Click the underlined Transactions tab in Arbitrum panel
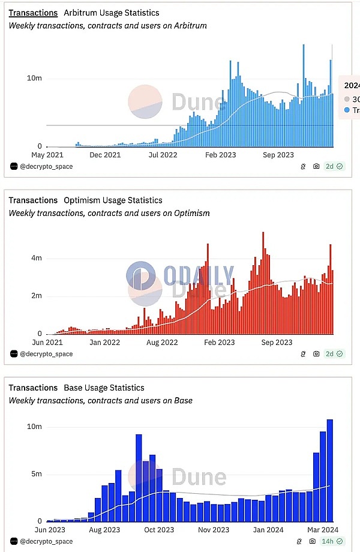tap(33, 13)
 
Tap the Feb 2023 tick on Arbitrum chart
tap(219, 155)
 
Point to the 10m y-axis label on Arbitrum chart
tap(34, 79)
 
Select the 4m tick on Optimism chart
tap(36, 258)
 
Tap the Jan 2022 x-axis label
tap(104, 343)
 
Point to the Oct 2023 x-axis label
tap(158, 530)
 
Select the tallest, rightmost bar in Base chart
tap(329, 470)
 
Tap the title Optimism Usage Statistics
tap(113, 200)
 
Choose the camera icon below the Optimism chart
tap(316, 354)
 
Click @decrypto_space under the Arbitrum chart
tap(46, 166)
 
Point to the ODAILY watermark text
tap(199, 275)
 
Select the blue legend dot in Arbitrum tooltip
tap(347, 110)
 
